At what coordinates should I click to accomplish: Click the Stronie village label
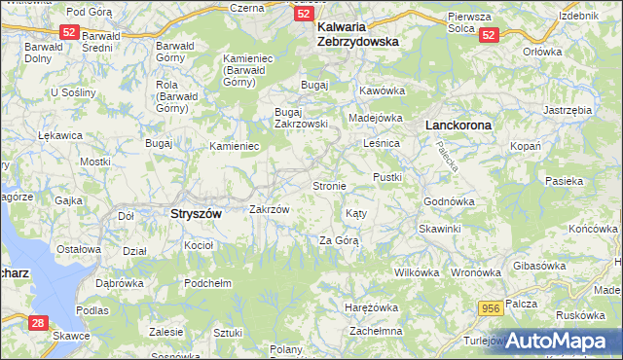click(x=329, y=185)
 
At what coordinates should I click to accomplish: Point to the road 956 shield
click(x=492, y=307)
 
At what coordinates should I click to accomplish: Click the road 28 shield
click(x=38, y=322)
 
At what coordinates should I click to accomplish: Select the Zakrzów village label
click(x=270, y=209)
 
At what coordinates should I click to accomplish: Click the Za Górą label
click(x=339, y=240)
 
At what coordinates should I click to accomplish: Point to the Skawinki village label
click(x=439, y=228)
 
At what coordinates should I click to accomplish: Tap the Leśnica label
click(x=382, y=143)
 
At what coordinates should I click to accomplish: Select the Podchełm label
click(x=207, y=283)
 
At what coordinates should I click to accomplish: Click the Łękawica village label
click(x=32, y=136)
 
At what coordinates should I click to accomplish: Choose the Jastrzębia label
click(x=568, y=111)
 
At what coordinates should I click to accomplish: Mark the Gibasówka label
click(x=539, y=266)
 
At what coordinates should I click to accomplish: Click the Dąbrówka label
click(x=120, y=283)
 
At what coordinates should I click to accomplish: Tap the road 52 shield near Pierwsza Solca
click(x=489, y=34)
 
